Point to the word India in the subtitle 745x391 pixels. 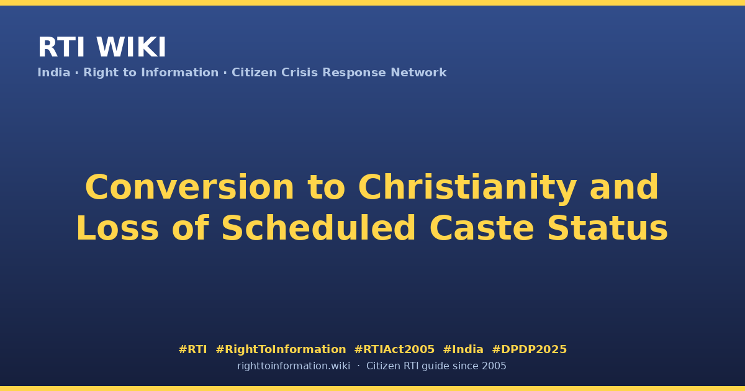click(54, 73)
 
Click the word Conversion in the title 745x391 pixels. click(189, 187)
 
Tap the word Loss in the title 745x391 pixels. click(117, 228)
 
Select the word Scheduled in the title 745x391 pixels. click(318, 228)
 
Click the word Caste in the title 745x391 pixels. click(482, 228)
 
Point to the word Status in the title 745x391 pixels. click(608, 228)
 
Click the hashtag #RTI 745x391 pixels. click(192, 349)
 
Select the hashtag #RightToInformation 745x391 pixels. click(281, 349)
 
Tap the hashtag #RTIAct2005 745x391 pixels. click(394, 349)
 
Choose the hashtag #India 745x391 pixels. click(463, 349)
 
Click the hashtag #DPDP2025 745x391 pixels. click(529, 349)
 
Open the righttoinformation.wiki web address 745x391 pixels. click(294, 366)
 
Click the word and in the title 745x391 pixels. click(624, 187)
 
